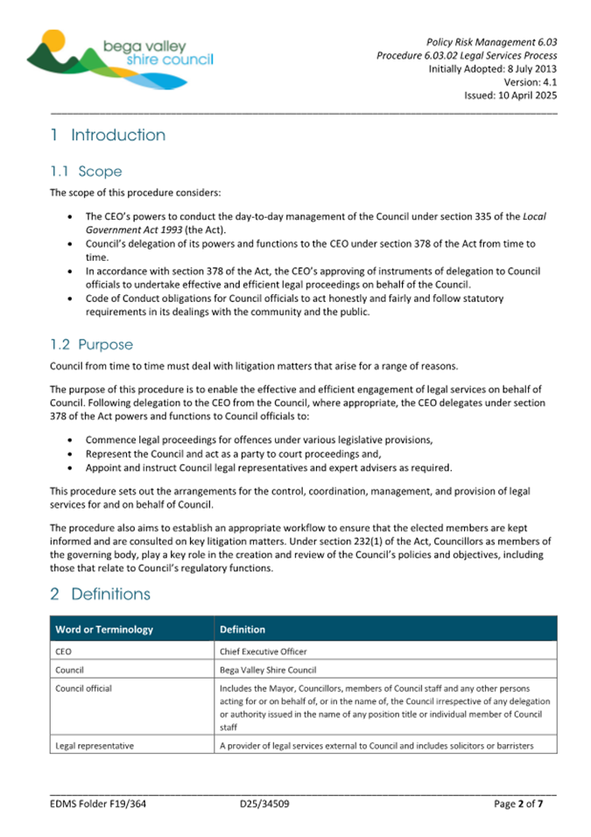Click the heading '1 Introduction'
[108, 135]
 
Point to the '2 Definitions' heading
[100, 594]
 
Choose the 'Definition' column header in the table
[243, 630]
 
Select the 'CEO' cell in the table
[64, 651]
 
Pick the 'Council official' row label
[84, 688]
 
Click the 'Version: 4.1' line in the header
[531, 82]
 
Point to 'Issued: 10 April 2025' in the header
[510, 96]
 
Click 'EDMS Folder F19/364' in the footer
[96, 803]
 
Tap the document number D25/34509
[264, 803]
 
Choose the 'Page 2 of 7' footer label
[524, 803]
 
